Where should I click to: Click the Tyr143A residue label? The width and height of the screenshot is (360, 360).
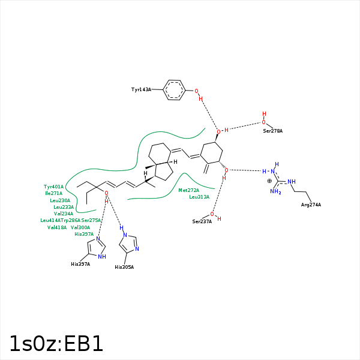(141, 89)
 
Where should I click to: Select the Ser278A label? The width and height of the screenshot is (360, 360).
(272, 131)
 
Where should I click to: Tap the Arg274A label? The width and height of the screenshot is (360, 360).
(311, 205)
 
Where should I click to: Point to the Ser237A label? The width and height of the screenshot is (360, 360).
(202, 222)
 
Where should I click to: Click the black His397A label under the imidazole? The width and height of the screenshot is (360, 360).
(80, 264)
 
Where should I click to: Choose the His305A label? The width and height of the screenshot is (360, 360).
(124, 267)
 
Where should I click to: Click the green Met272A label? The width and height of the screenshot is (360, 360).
(188, 190)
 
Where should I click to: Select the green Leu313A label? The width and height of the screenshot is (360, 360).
(199, 197)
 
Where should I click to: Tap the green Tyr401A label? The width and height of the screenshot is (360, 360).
(53, 187)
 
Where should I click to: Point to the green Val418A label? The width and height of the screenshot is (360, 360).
(57, 227)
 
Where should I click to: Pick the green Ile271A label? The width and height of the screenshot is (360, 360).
(53, 193)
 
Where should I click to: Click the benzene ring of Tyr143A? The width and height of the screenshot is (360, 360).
(173, 90)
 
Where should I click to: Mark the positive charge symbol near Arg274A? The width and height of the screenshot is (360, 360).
(269, 181)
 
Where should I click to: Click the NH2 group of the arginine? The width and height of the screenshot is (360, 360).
(275, 192)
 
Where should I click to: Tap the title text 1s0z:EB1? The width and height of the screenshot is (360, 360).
(56, 344)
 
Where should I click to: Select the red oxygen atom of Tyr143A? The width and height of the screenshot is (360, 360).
(196, 91)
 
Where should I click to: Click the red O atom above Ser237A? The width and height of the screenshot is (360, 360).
(212, 214)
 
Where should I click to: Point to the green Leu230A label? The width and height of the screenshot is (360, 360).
(60, 200)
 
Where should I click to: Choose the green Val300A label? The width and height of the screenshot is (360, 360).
(80, 227)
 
